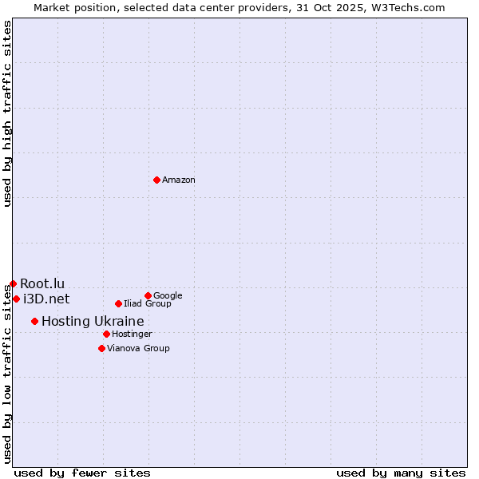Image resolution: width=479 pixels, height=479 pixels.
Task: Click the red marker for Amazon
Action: click(156, 180)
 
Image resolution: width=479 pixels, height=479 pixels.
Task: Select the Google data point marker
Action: click(148, 295)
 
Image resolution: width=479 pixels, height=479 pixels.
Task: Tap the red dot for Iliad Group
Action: click(118, 303)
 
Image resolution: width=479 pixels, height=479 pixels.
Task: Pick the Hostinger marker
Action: click(106, 334)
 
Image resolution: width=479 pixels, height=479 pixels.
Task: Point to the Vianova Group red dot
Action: click(101, 348)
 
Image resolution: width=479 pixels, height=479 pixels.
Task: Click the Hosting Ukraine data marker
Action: click(34, 321)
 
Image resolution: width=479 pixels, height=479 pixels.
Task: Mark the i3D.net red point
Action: click(16, 299)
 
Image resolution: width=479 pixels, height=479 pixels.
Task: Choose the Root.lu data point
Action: click(13, 283)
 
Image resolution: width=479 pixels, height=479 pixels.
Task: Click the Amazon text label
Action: click(179, 180)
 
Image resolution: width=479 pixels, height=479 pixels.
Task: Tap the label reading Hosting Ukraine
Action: click(93, 321)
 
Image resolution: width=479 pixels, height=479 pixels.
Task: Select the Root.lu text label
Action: click(42, 283)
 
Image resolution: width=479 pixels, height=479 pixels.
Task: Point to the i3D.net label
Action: click(46, 299)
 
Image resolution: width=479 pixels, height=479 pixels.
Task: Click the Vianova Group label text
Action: click(138, 348)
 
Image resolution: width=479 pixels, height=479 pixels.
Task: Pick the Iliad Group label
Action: click(148, 303)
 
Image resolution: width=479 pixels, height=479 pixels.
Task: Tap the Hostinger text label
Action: click(132, 334)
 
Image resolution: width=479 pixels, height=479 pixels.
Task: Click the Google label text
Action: click(168, 295)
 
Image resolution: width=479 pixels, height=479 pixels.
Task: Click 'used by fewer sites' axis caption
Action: click(82, 473)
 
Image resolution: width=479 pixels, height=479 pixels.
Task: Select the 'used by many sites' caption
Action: click(400, 473)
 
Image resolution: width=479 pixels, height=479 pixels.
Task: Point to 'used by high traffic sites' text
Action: click(7, 113)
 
